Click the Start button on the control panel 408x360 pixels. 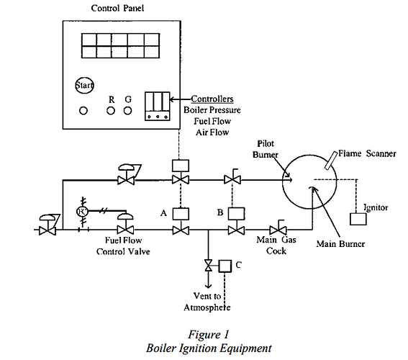[x=85, y=86]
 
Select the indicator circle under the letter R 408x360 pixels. [x=110, y=111]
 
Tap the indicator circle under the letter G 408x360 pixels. [x=128, y=111]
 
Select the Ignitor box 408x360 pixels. [x=358, y=218]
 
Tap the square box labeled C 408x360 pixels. [x=224, y=265]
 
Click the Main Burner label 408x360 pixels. [x=341, y=244]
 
